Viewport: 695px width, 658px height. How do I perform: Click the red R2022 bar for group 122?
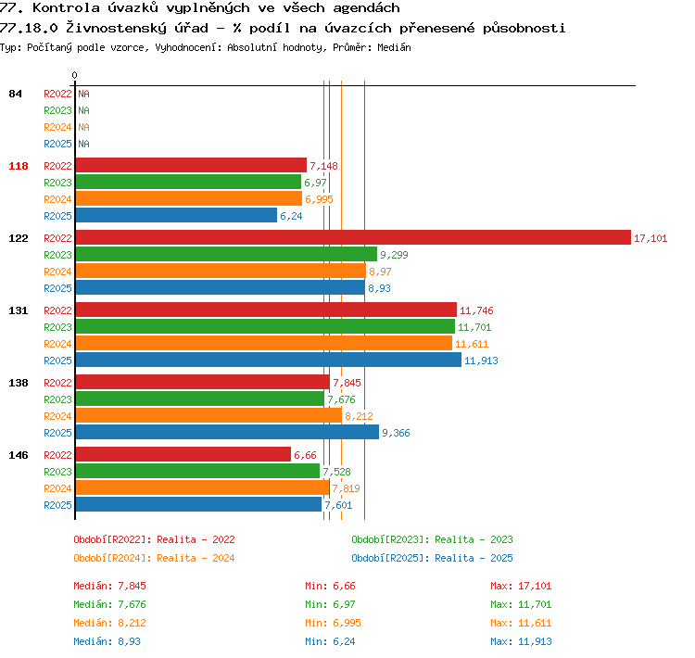click(353, 237)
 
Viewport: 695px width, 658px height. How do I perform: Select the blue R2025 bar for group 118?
click(176, 216)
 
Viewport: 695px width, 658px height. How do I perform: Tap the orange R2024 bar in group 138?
click(208, 415)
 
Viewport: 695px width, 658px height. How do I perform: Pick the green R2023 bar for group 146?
click(197, 471)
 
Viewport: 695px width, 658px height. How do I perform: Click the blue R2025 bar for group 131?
click(269, 360)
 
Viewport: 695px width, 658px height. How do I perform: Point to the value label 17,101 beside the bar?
click(651, 238)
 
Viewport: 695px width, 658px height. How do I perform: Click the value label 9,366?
click(396, 433)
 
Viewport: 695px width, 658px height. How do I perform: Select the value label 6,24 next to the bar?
click(291, 216)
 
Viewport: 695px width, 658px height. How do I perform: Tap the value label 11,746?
click(476, 310)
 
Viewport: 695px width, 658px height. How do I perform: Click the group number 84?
click(15, 94)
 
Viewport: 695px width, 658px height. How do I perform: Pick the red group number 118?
click(19, 166)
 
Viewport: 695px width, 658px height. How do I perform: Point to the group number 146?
click(19, 455)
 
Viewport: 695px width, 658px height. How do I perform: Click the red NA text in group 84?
click(83, 94)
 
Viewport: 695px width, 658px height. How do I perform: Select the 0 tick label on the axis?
click(74, 75)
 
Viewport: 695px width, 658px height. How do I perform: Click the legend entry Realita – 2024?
click(196, 558)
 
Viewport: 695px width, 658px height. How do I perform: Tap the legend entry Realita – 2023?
click(474, 539)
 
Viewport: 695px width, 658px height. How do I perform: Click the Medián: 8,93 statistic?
click(107, 641)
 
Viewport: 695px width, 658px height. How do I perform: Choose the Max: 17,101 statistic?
click(521, 586)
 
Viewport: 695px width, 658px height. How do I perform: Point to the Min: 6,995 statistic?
click(333, 623)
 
